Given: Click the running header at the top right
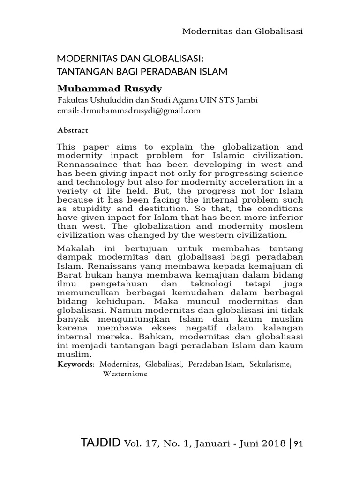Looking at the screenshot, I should click(242, 31).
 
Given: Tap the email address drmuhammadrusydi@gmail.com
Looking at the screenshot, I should click(140, 111).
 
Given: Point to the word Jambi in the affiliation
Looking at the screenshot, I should click(247, 100).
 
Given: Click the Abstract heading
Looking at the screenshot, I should click(73, 129).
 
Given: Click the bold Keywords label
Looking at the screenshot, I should click(75, 364).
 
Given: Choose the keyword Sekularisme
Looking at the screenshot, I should click(270, 364).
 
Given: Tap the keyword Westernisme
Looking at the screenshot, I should click(125, 374).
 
